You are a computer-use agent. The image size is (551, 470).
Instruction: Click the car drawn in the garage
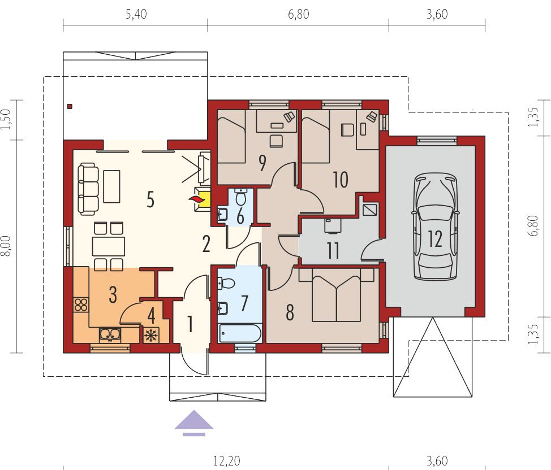[435, 227]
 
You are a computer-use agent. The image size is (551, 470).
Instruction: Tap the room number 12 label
[435, 239]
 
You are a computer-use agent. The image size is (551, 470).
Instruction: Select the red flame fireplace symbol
[196, 200]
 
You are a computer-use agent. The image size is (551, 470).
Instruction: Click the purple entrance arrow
[194, 423]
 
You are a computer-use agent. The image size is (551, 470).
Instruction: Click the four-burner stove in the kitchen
[81, 304]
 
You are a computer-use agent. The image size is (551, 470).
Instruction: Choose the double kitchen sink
[110, 334]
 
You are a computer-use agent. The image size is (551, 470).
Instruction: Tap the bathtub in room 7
[240, 333]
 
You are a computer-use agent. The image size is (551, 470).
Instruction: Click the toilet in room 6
[241, 197]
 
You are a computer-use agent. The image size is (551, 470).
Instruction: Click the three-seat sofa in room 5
[88, 189]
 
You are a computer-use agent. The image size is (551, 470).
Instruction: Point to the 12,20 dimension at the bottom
[227, 461]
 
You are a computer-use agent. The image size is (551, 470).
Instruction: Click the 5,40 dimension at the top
[136, 14]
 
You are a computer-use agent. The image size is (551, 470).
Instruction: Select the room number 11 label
[333, 250]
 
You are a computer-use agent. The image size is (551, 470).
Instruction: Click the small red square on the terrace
[70, 106]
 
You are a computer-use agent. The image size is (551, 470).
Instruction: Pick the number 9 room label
[262, 163]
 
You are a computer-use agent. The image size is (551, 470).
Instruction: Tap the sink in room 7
[222, 308]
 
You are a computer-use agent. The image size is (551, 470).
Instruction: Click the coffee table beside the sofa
[112, 186]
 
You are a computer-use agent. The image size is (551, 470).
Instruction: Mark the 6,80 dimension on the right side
[533, 226]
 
